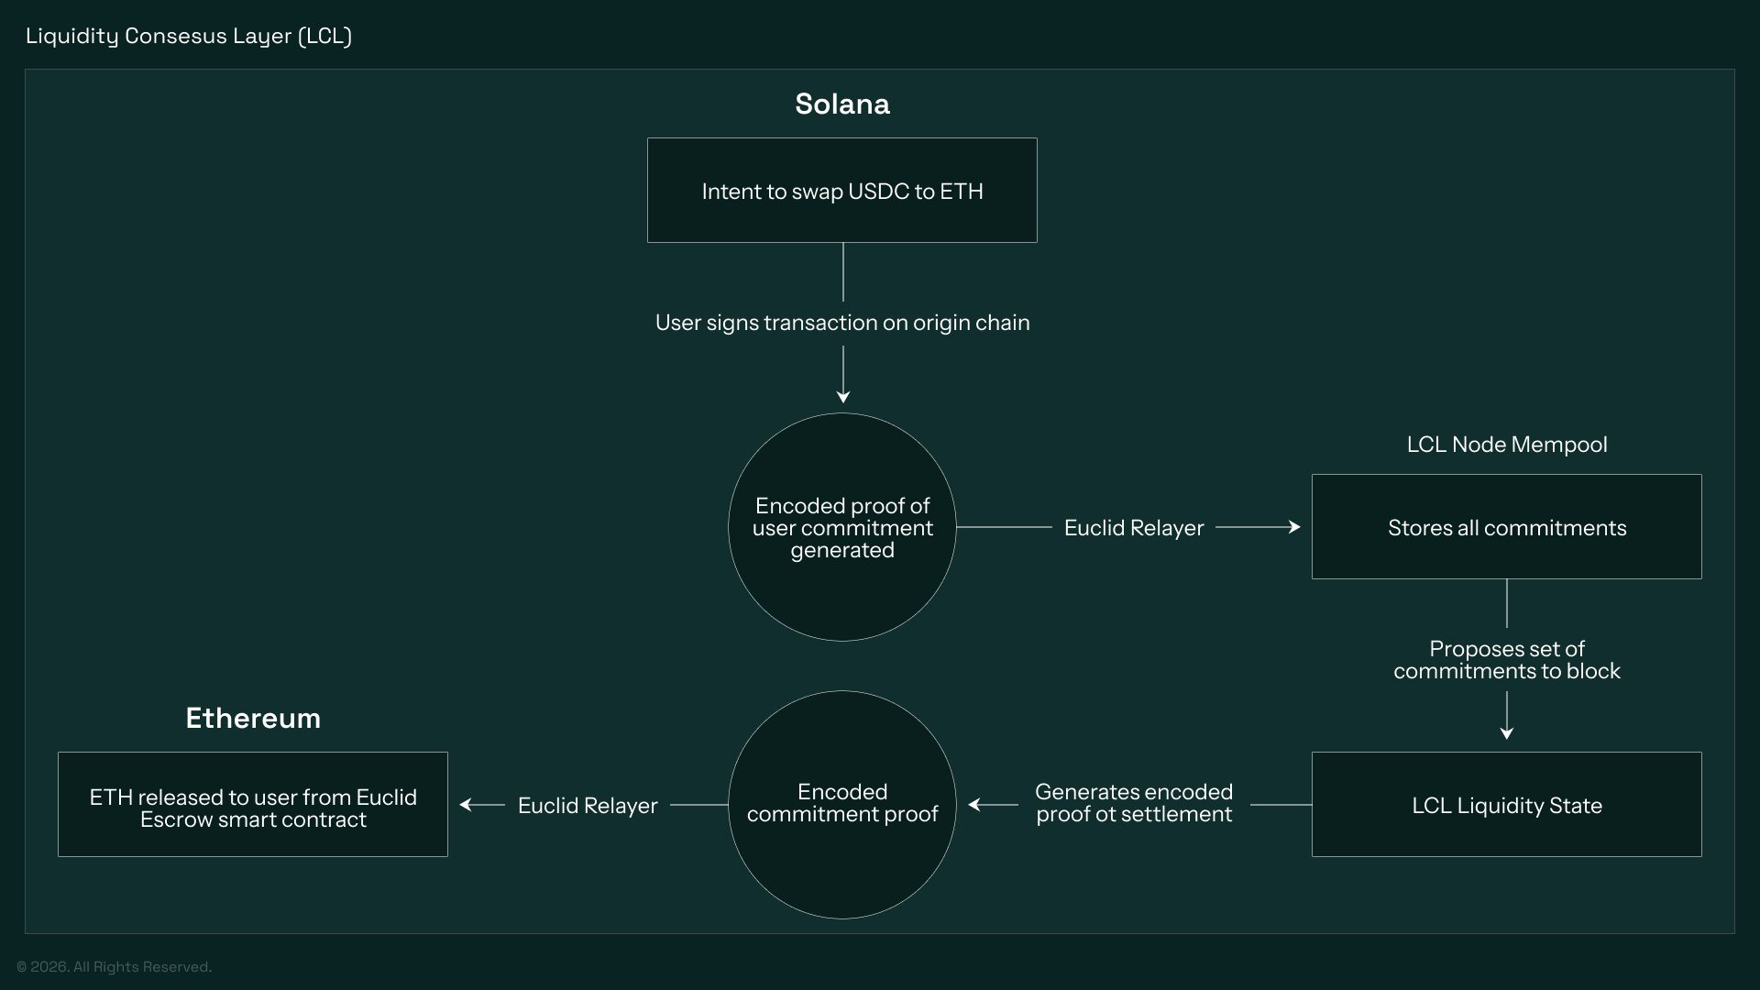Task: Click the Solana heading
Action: [x=841, y=104]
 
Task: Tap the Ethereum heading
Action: [x=253, y=718]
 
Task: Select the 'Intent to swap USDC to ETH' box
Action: [x=841, y=191]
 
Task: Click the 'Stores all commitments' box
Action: [x=1506, y=527]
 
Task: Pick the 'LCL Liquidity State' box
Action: [x=1506, y=805]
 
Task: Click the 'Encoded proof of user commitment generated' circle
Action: [x=841, y=527]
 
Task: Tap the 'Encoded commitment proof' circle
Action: [x=841, y=804]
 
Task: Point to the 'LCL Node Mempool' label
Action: [x=1506, y=445]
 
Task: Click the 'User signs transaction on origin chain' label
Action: [x=841, y=323]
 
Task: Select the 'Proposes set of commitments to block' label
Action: [x=1506, y=660]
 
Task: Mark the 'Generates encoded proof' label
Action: [x=1134, y=803]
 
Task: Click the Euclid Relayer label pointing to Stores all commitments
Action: [x=1133, y=528]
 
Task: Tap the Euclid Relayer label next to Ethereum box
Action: [x=588, y=806]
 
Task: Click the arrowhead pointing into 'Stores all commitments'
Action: [x=1294, y=527]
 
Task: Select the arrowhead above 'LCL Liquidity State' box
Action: [x=1506, y=732]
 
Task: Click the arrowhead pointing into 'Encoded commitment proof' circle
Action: [x=974, y=805]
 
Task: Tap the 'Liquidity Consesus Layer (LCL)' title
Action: [x=189, y=36]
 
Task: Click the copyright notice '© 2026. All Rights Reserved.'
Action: [x=114, y=967]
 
